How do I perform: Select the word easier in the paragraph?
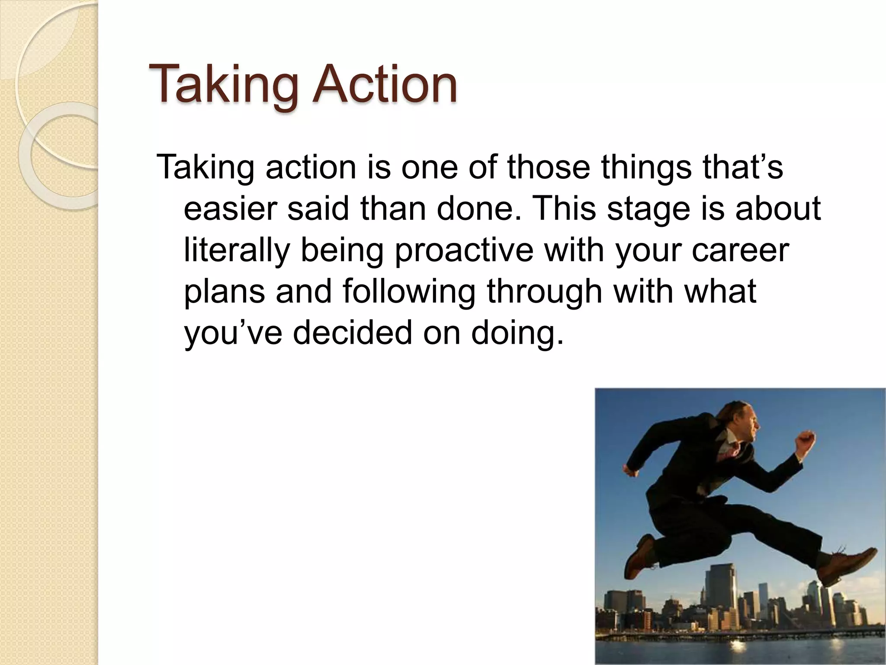(x=230, y=209)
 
